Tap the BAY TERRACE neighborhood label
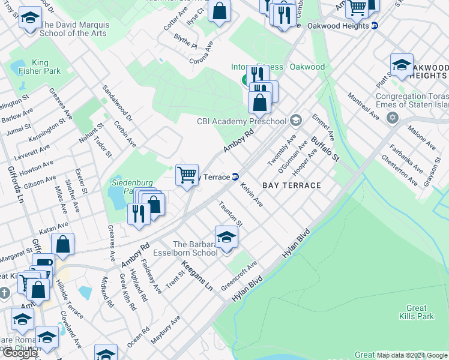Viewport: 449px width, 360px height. pyautogui.click(x=291, y=185)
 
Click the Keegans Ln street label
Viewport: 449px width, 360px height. pyautogui.click(x=197, y=275)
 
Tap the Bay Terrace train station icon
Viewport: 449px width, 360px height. pyautogui.click(x=236, y=177)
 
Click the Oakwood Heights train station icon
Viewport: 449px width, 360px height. pyautogui.click(x=375, y=26)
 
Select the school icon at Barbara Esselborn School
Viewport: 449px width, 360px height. pyautogui.click(x=226, y=236)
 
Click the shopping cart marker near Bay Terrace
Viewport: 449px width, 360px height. pyautogui.click(x=187, y=175)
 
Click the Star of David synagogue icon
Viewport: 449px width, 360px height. pyautogui.click(x=393, y=118)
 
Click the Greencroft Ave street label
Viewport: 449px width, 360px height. pyautogui.click(x=239, y=273)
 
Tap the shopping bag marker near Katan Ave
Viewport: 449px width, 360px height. pyautogui.click(x=62, y=244)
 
